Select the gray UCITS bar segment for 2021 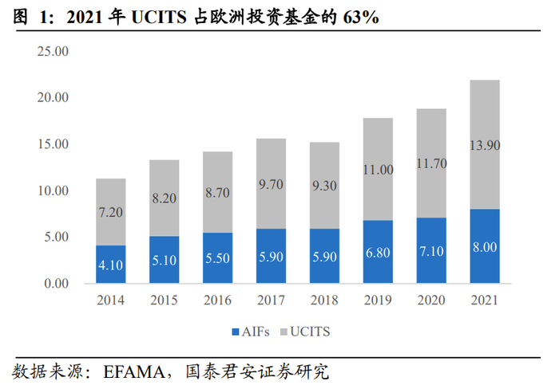pos(485,143)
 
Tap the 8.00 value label pos(485,247)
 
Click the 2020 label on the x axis pos(432,301)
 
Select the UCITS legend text pos(311,330)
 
